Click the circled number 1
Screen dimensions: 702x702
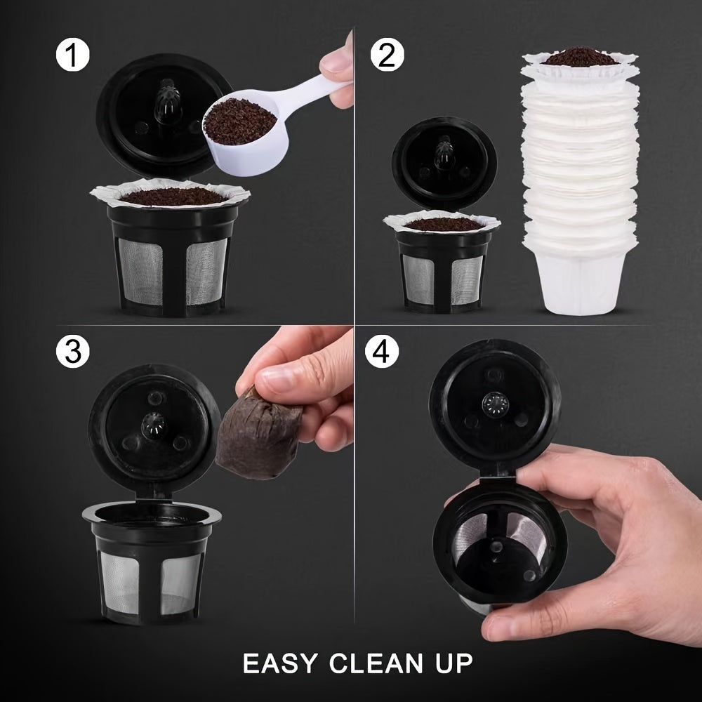click(73, 56)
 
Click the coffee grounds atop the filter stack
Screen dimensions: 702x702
click(581, 55)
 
